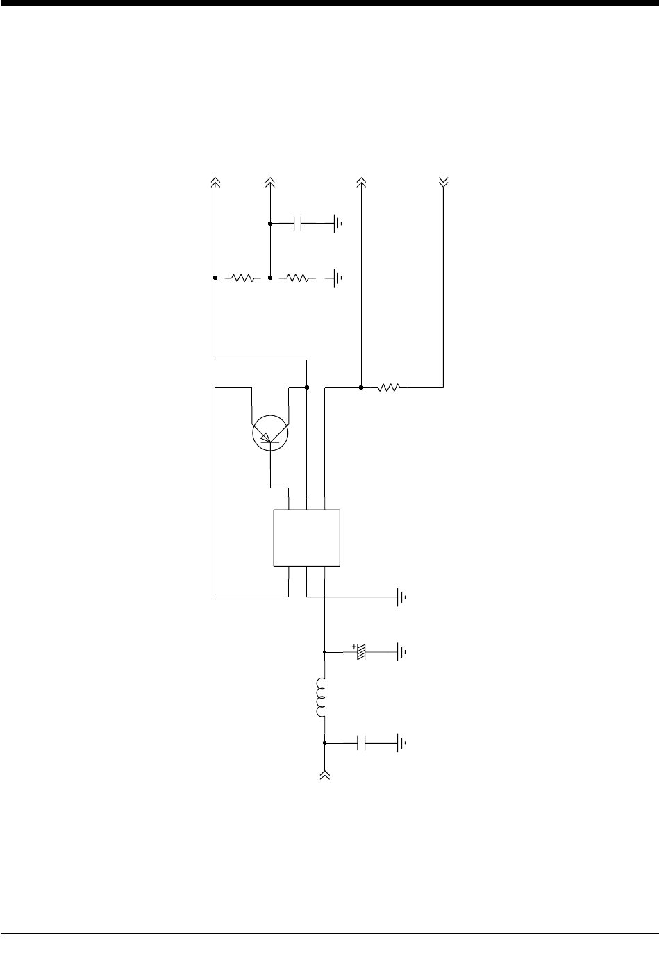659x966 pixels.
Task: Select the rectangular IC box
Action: click(x=306, y=538)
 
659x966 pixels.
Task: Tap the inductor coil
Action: click(x=321, y=697)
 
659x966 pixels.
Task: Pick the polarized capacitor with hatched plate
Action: click(x=360, y=653)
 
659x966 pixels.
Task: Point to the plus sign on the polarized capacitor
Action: click(x=354, y=647)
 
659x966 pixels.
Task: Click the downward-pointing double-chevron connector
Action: click(x=444, y=182)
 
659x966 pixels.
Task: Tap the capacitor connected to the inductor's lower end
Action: click(x=361, y=743)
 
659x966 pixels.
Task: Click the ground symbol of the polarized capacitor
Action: click(x=401, y=653)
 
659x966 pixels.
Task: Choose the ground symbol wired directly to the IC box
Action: click(x=401, y=597)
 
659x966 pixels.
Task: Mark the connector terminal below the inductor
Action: click(x=324, y=774)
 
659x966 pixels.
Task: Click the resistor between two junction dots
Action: click(x=243, y=278)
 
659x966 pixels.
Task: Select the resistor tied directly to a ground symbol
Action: click(x=297, y=278)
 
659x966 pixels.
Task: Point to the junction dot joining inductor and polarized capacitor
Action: click(x=324, y=653)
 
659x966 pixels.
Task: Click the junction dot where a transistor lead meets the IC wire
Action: click(x=306, y=388)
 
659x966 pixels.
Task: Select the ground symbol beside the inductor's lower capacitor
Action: click(x=401, y=743)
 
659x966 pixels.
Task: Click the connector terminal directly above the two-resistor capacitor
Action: click(x=270, y=182)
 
